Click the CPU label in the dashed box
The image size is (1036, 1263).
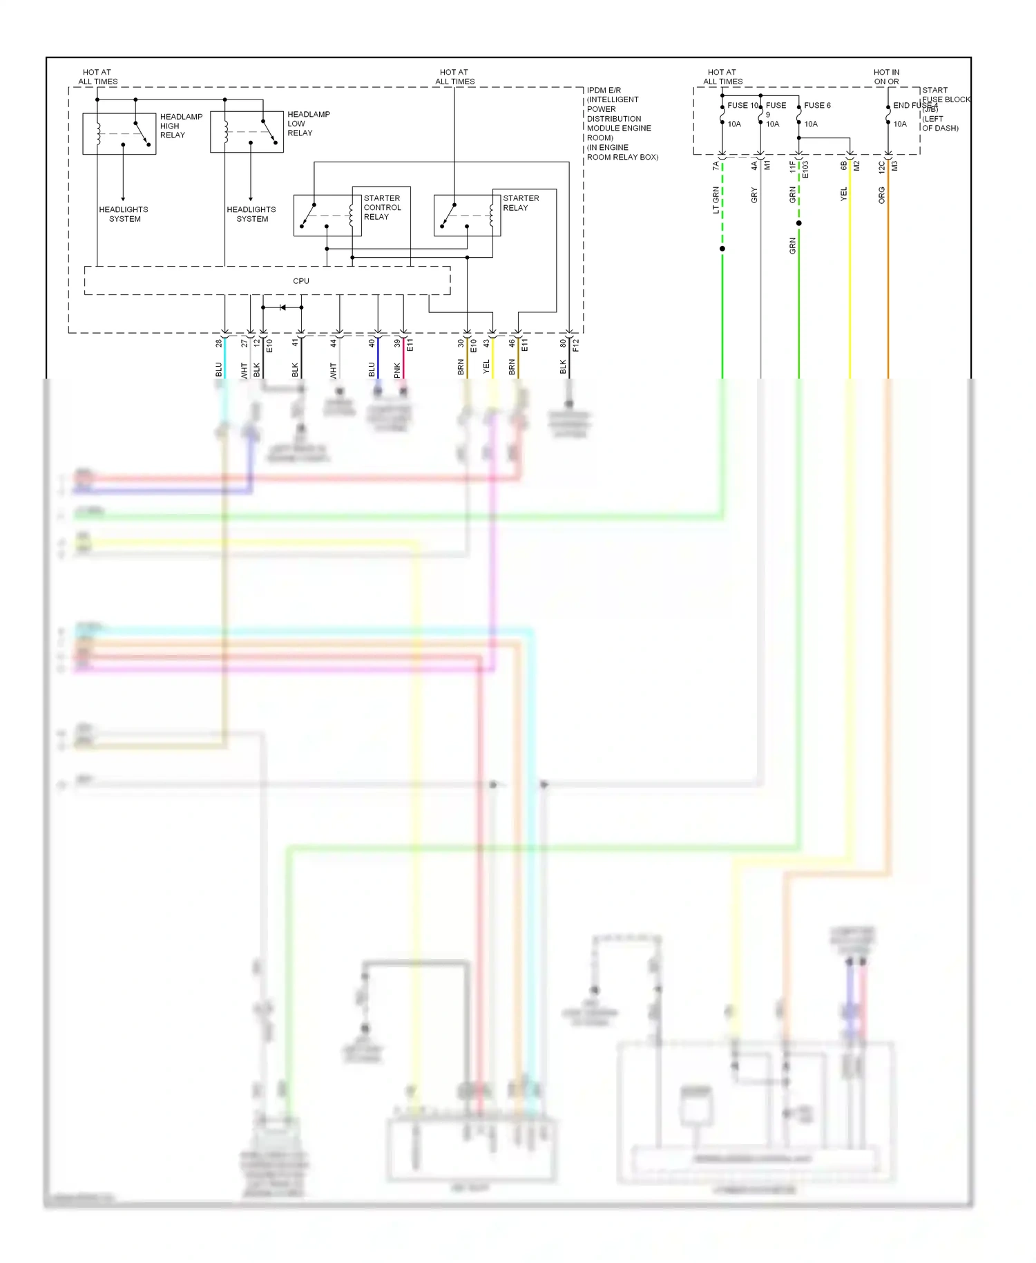(x=301, y=281)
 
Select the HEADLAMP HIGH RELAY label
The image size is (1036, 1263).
(x=181, y=126)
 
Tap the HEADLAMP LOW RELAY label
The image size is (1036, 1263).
(x=308, y=124)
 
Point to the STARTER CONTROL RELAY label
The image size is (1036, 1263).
(x=382, y=207)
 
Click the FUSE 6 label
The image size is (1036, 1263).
(x=817, y=106)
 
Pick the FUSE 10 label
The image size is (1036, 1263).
(x=742, y=106)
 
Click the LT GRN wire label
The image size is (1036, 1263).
(x=716, y=200)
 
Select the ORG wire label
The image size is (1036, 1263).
(x=882, y=195)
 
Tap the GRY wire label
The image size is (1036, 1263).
(x=754, y=195)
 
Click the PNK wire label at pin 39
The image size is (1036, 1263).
(x=397, y=370)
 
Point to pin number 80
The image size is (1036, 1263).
(x=563, y=343)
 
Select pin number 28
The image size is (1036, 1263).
(x=219, y=343)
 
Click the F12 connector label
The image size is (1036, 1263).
(x=576, y=345)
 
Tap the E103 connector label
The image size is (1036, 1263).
(x=805, y=170)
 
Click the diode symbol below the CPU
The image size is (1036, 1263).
(x=282, y=307)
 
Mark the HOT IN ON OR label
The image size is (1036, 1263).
(x=886, y=77)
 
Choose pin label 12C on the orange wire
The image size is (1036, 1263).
(x=882, y=167)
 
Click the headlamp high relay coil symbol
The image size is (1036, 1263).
(x=99, y=133)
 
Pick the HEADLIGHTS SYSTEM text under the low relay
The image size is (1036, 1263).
(x=251, y=214)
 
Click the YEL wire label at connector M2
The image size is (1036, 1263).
(x=843, y=195)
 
